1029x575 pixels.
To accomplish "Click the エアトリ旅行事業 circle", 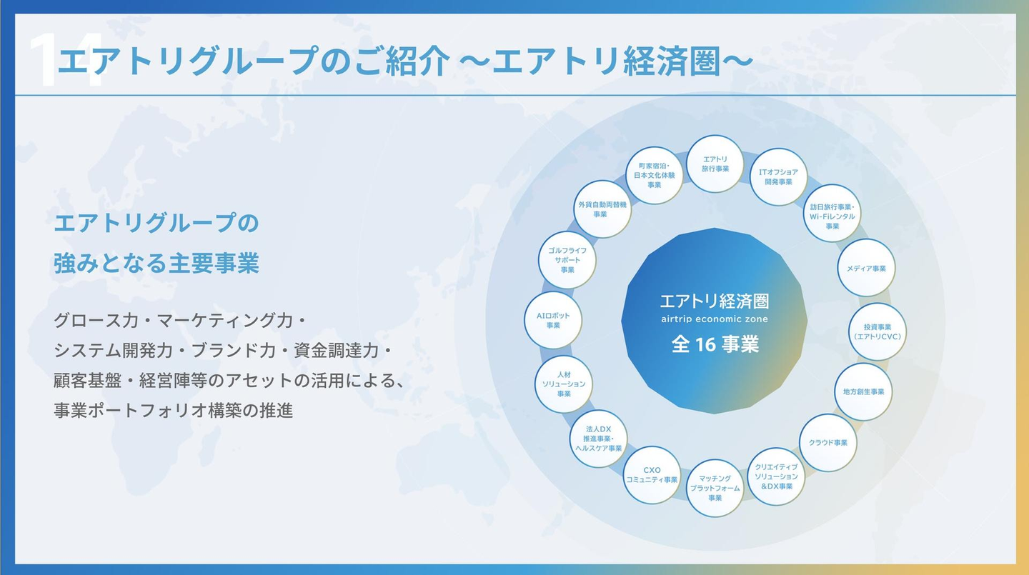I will pyautogui.click(x=715, y=164).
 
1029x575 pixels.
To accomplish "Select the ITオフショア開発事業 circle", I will pyautogui.click(x=778, y=176).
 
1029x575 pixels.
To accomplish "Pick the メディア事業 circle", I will pyautogui.click(x=865, y=268).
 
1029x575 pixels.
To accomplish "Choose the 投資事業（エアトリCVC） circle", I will pyautogui.click(x=878, y=331).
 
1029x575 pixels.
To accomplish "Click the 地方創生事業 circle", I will pyautogui.click(x=863, y=391).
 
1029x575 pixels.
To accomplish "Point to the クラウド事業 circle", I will pyautogui.click(x=827, y=442).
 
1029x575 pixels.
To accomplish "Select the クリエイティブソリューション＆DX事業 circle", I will pyautogui.click(x=776, y=476).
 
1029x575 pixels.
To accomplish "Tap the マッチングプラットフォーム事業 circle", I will pyautogui.click(x=715, y=488).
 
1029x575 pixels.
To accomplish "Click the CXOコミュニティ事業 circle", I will pyautogui.click(x=652, y=475).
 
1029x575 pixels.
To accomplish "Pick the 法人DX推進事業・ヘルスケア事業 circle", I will pyautogui.click(x=599, y=439).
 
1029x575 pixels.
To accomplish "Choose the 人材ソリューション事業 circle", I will pyautogui.click(x=564, y=384).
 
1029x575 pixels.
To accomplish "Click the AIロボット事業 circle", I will pyautogui.click(x=552, y=320).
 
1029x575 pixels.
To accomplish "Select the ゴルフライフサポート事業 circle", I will pyautogui.click(x=567, y=260).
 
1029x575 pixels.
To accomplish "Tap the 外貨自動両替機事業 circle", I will pyautogui.click(x=602, y=209).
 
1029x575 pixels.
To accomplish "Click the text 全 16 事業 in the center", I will pyautogui.click(x=715, y=345).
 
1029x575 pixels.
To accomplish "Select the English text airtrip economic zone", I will pyautogui.click(x=715, y=319).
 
